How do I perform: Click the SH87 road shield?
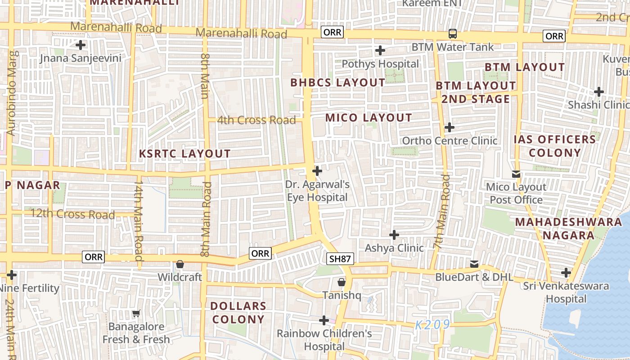[x=340, y=259]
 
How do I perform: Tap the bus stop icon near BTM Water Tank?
[x=453, y=34]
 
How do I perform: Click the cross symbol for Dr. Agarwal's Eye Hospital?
[x=317, y=171]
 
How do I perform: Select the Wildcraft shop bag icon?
[x=180, y=264]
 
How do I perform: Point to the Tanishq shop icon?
[x=342, y=282]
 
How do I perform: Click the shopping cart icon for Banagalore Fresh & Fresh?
[x=136, y=313]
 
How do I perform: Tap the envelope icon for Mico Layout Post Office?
[x=516, y=174]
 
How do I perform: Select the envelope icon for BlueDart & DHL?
[x=474, y=264]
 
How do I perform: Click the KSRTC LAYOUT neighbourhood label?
[x=184, y=153]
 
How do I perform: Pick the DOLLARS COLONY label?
[x=238, y=313]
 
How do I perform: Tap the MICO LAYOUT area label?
[x=369, y=118]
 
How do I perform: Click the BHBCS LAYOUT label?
[x=337, y=83]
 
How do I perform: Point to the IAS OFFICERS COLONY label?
[x=555, y=146]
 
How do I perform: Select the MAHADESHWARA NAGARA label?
[x=568, y=229]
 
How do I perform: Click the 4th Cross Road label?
[x=256, y=120]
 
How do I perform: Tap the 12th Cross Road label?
[x=72, y=214]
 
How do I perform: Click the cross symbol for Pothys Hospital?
[x=380, y=50]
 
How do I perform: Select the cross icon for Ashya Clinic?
[x=394, y=235]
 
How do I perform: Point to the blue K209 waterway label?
[x=432, y=325]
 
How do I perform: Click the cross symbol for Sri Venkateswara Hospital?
[x=566, y=273]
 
